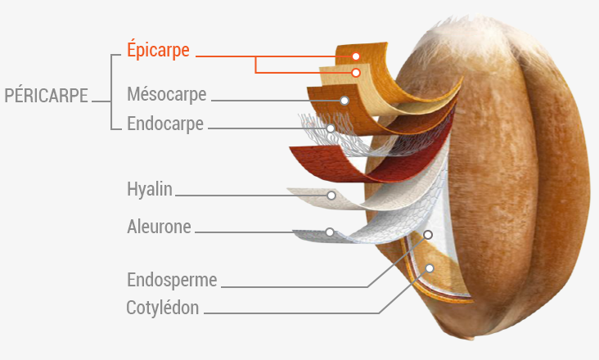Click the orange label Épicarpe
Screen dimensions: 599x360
[x=158, y=50]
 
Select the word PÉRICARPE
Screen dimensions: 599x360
[x=46, y=96]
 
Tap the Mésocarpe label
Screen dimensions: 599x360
[x=167, y=94]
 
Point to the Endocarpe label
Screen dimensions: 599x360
[x=165, y=124]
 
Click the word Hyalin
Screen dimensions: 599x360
[x=150, y=189]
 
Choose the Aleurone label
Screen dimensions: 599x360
[x=159, y=227]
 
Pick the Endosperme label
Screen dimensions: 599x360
[x=172, y=280]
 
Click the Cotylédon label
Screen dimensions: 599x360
[x=162, y=308]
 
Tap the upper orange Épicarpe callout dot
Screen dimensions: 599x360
[x=356, y=56]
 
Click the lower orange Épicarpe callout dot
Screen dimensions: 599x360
[x=356, y=73]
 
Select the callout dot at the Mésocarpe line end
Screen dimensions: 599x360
[x=345, y=101]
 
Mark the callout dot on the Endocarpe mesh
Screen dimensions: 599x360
[x=331, y=128]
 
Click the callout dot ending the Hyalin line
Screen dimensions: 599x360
[x=331, y=196]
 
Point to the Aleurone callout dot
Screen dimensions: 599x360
[x=330, y=232]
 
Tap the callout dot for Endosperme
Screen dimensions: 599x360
[x=428, y=235]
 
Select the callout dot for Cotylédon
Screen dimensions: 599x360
[x=430, y=268]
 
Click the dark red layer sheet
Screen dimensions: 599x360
[x=336, y=164]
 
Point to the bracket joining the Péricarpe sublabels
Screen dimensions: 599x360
[x=111, y=92]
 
